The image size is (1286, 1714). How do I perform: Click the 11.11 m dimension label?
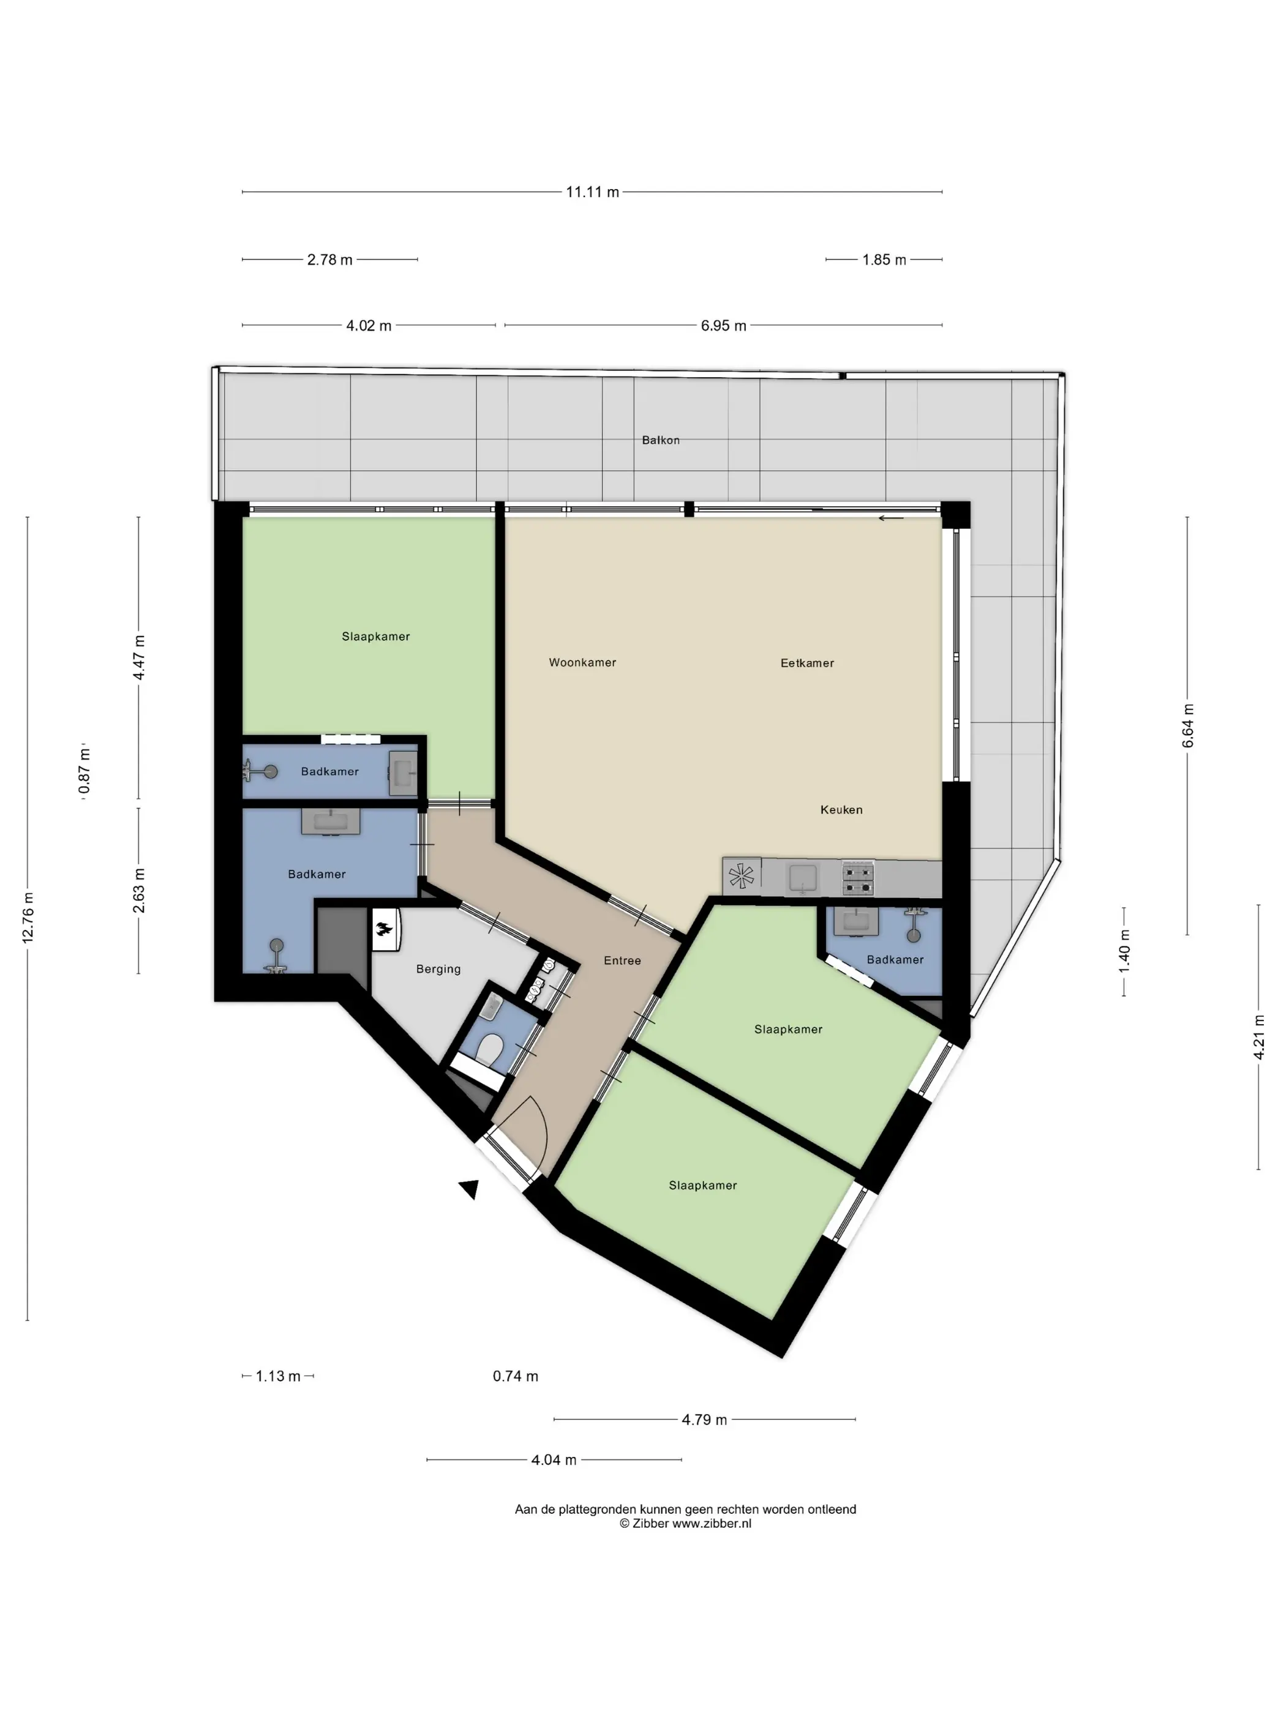coord(592,192)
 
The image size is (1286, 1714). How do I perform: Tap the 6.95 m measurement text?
coord(723,326)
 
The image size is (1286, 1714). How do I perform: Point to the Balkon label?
coord(660,440)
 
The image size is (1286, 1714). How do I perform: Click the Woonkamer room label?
coord(582,662)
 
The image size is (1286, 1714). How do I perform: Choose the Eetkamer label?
coord(807,664)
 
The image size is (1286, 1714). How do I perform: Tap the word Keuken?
coord(841,810)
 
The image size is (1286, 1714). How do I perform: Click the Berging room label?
coord(438,970)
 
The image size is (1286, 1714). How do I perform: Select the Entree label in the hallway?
coord(622,961)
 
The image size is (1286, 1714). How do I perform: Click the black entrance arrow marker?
coord(470,1189)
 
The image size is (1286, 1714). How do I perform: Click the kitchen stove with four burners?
coord(857,878)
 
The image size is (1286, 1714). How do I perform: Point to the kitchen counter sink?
coord(803,878)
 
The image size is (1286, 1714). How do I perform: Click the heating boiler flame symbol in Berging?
coord(385,930)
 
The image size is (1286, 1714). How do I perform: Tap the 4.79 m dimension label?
coord(704,1420)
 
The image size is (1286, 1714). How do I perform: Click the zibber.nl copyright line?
coord(685,1524)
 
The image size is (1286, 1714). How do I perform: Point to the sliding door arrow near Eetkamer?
coord(890,518)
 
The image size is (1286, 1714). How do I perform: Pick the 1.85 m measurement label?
coord(884,260)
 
